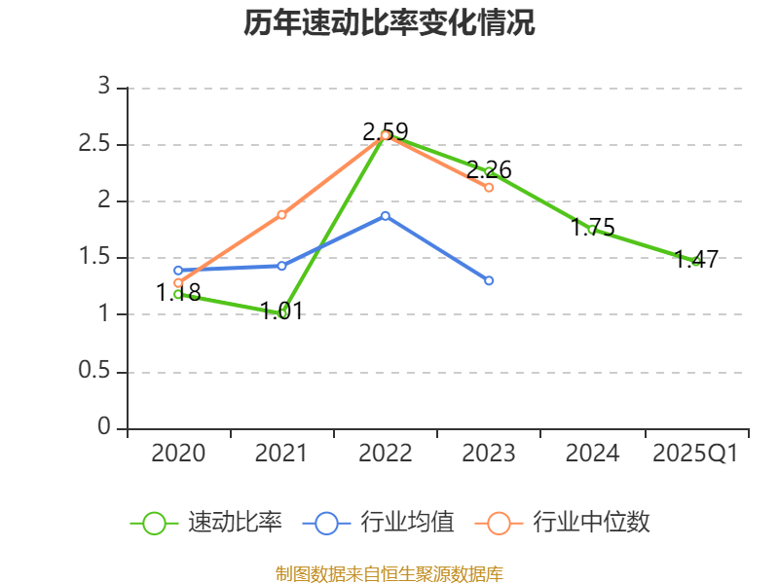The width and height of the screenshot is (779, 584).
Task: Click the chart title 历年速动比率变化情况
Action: click(x=389, y=23)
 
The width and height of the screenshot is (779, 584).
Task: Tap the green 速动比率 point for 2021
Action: click(x=282, y=313)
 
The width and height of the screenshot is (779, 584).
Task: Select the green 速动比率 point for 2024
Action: click(x=592, y=230)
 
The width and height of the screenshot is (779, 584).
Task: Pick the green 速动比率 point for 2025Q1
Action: click(x=695, y=261)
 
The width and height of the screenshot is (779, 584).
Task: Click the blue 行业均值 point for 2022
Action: click(x=386, y=215)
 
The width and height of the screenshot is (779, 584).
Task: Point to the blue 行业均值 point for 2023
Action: click(x=489, y=280)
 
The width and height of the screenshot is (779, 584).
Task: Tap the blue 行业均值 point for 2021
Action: click(x=282, y=266)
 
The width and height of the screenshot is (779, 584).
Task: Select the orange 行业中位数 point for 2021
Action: click(x=282, y=214)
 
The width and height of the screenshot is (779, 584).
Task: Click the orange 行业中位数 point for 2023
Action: click(x=489, y=187)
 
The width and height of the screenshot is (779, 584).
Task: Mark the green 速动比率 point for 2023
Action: click(x=489, y=171)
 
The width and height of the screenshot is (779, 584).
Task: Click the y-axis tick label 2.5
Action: click(x=98, y=145)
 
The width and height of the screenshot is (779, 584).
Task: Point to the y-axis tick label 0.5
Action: click(x=98, y=372)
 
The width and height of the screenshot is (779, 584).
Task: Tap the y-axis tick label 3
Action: click(x=104, y=88)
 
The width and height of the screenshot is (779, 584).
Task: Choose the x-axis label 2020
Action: click(x=179, y=454)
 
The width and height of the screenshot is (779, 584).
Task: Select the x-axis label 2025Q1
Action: click(x=695, y=454)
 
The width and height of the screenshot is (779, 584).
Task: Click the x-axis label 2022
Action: click(x=386, y=454)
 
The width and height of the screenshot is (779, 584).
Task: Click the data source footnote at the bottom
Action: click(x=389, y=573)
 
